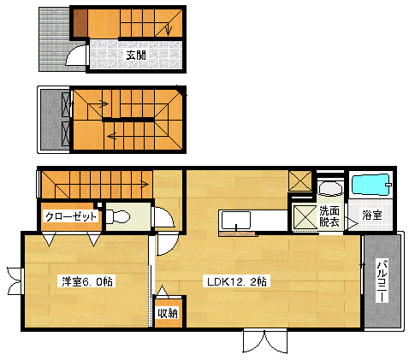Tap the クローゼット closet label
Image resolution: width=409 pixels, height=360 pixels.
coord(72,217)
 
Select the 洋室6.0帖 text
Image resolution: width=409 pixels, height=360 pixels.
coord(87,280)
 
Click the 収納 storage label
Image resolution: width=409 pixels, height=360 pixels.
coord(167,312)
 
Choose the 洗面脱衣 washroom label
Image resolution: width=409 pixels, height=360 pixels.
coord(329,216)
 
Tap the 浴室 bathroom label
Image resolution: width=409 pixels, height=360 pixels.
coord(371,214)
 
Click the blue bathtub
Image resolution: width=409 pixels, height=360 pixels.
coord(371,185)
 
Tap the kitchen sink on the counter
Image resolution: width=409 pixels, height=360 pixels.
coord(234,221)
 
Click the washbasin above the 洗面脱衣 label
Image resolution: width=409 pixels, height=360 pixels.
coord(328,186)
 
